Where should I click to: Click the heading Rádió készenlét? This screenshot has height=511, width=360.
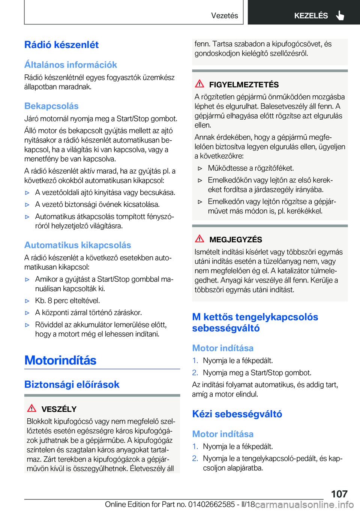61,45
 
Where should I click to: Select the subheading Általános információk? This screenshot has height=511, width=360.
70,65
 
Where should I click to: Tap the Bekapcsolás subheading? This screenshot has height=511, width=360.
51,106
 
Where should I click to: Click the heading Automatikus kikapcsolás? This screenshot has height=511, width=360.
78,245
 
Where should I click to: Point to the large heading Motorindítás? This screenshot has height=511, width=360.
60,361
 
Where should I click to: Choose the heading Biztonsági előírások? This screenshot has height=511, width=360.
72,385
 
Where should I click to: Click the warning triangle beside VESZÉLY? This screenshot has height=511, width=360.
32,408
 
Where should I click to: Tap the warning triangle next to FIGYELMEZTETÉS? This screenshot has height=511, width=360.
199,84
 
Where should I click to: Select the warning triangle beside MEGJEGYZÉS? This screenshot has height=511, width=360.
199,239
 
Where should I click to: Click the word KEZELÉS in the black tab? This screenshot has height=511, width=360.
311,16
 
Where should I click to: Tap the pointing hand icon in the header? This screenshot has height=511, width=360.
340,15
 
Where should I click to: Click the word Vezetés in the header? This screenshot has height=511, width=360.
224,16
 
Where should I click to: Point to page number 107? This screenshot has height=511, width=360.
339,494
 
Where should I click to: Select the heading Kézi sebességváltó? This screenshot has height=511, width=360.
237,414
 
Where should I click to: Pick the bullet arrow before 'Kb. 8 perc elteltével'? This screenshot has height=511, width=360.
27,301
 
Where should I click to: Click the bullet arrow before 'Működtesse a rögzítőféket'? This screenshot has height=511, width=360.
200,168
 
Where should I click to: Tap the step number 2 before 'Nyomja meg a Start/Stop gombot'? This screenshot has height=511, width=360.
195,373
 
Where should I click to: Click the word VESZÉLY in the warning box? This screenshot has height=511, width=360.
59,409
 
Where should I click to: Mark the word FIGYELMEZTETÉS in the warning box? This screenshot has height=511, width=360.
244,85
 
